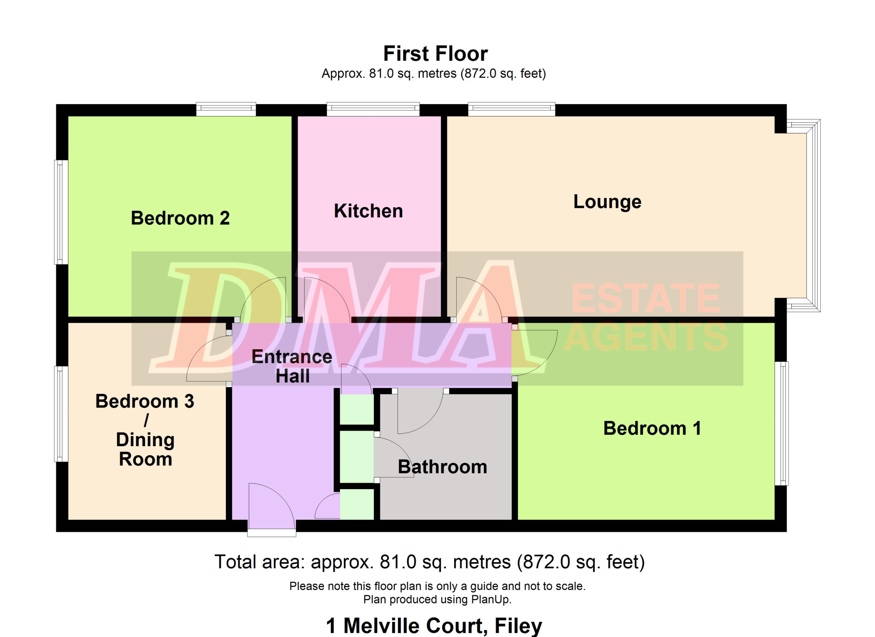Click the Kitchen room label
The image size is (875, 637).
(368, 211)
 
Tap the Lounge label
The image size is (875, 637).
(607, 202)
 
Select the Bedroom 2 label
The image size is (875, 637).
(180, 218)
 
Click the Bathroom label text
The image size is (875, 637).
(443, 467)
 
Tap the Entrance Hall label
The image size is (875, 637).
(292, 366)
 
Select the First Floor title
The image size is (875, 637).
(435, 54)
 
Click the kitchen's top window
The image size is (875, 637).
(373, 109)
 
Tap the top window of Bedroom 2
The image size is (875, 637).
(226, 109)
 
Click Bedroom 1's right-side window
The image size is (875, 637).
(782, 424)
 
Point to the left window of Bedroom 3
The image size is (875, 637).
(61, 414)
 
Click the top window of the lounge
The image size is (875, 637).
(512, 109)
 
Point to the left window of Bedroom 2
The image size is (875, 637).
(61, 212)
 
